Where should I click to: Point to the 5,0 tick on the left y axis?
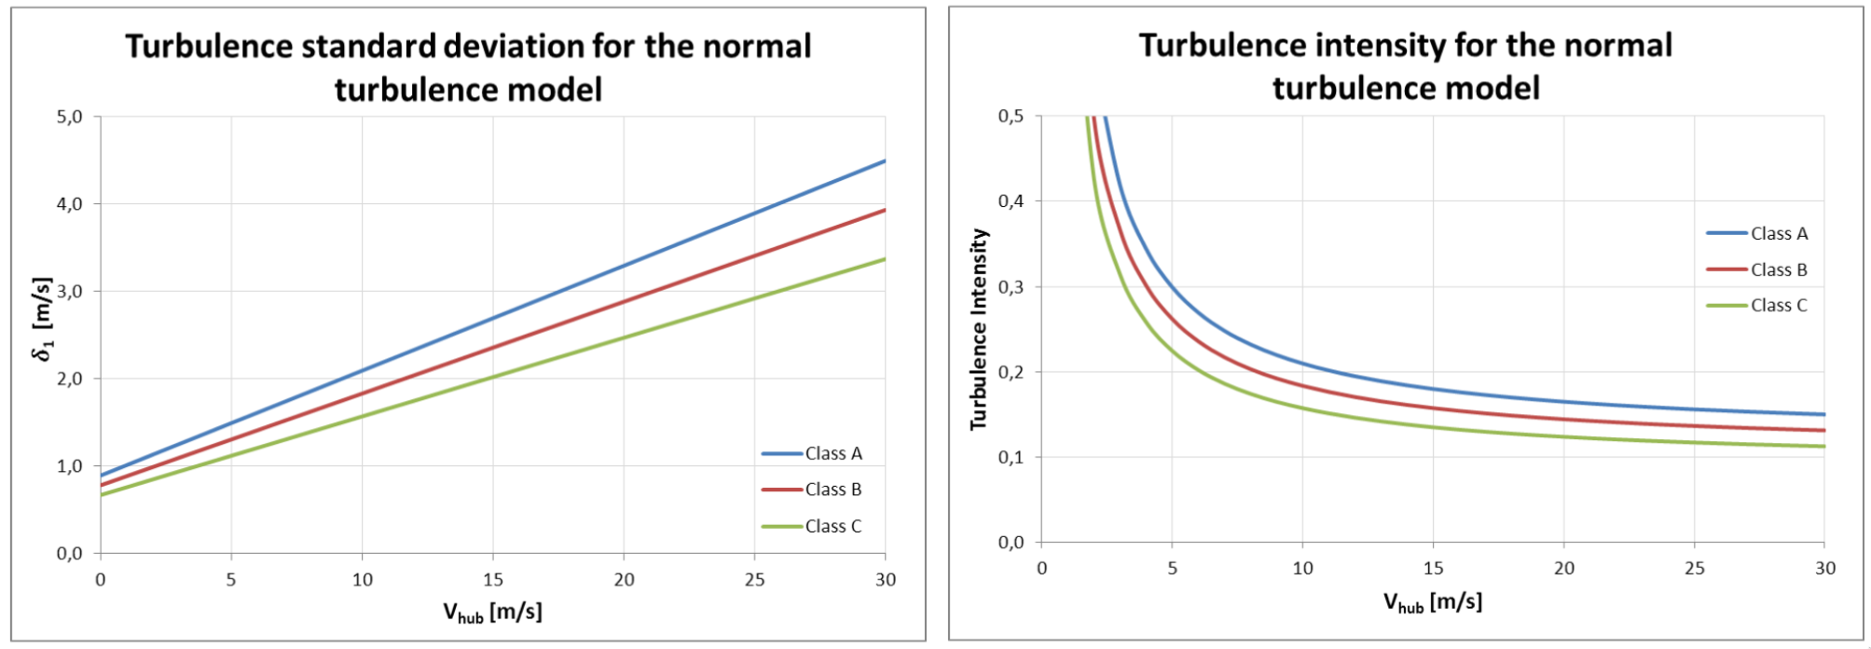click(70, 117)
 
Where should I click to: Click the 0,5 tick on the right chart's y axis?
click(1011, 117)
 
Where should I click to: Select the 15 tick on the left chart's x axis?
click(493, 579)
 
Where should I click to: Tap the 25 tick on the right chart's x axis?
click(1694, 568)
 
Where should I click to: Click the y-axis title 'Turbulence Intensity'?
click(978, 329)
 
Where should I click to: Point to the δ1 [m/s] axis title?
click(43, 318)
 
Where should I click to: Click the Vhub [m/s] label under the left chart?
click(492, 613)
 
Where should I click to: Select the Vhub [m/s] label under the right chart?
click(1433, 602)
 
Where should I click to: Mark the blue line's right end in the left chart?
click(884, 161)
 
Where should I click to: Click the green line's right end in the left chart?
click(884, 259)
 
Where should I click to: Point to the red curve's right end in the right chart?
click(1823, 430)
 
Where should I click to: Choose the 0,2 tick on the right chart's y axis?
click(1011, 372)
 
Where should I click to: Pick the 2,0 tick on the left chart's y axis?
click(70, 379)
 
